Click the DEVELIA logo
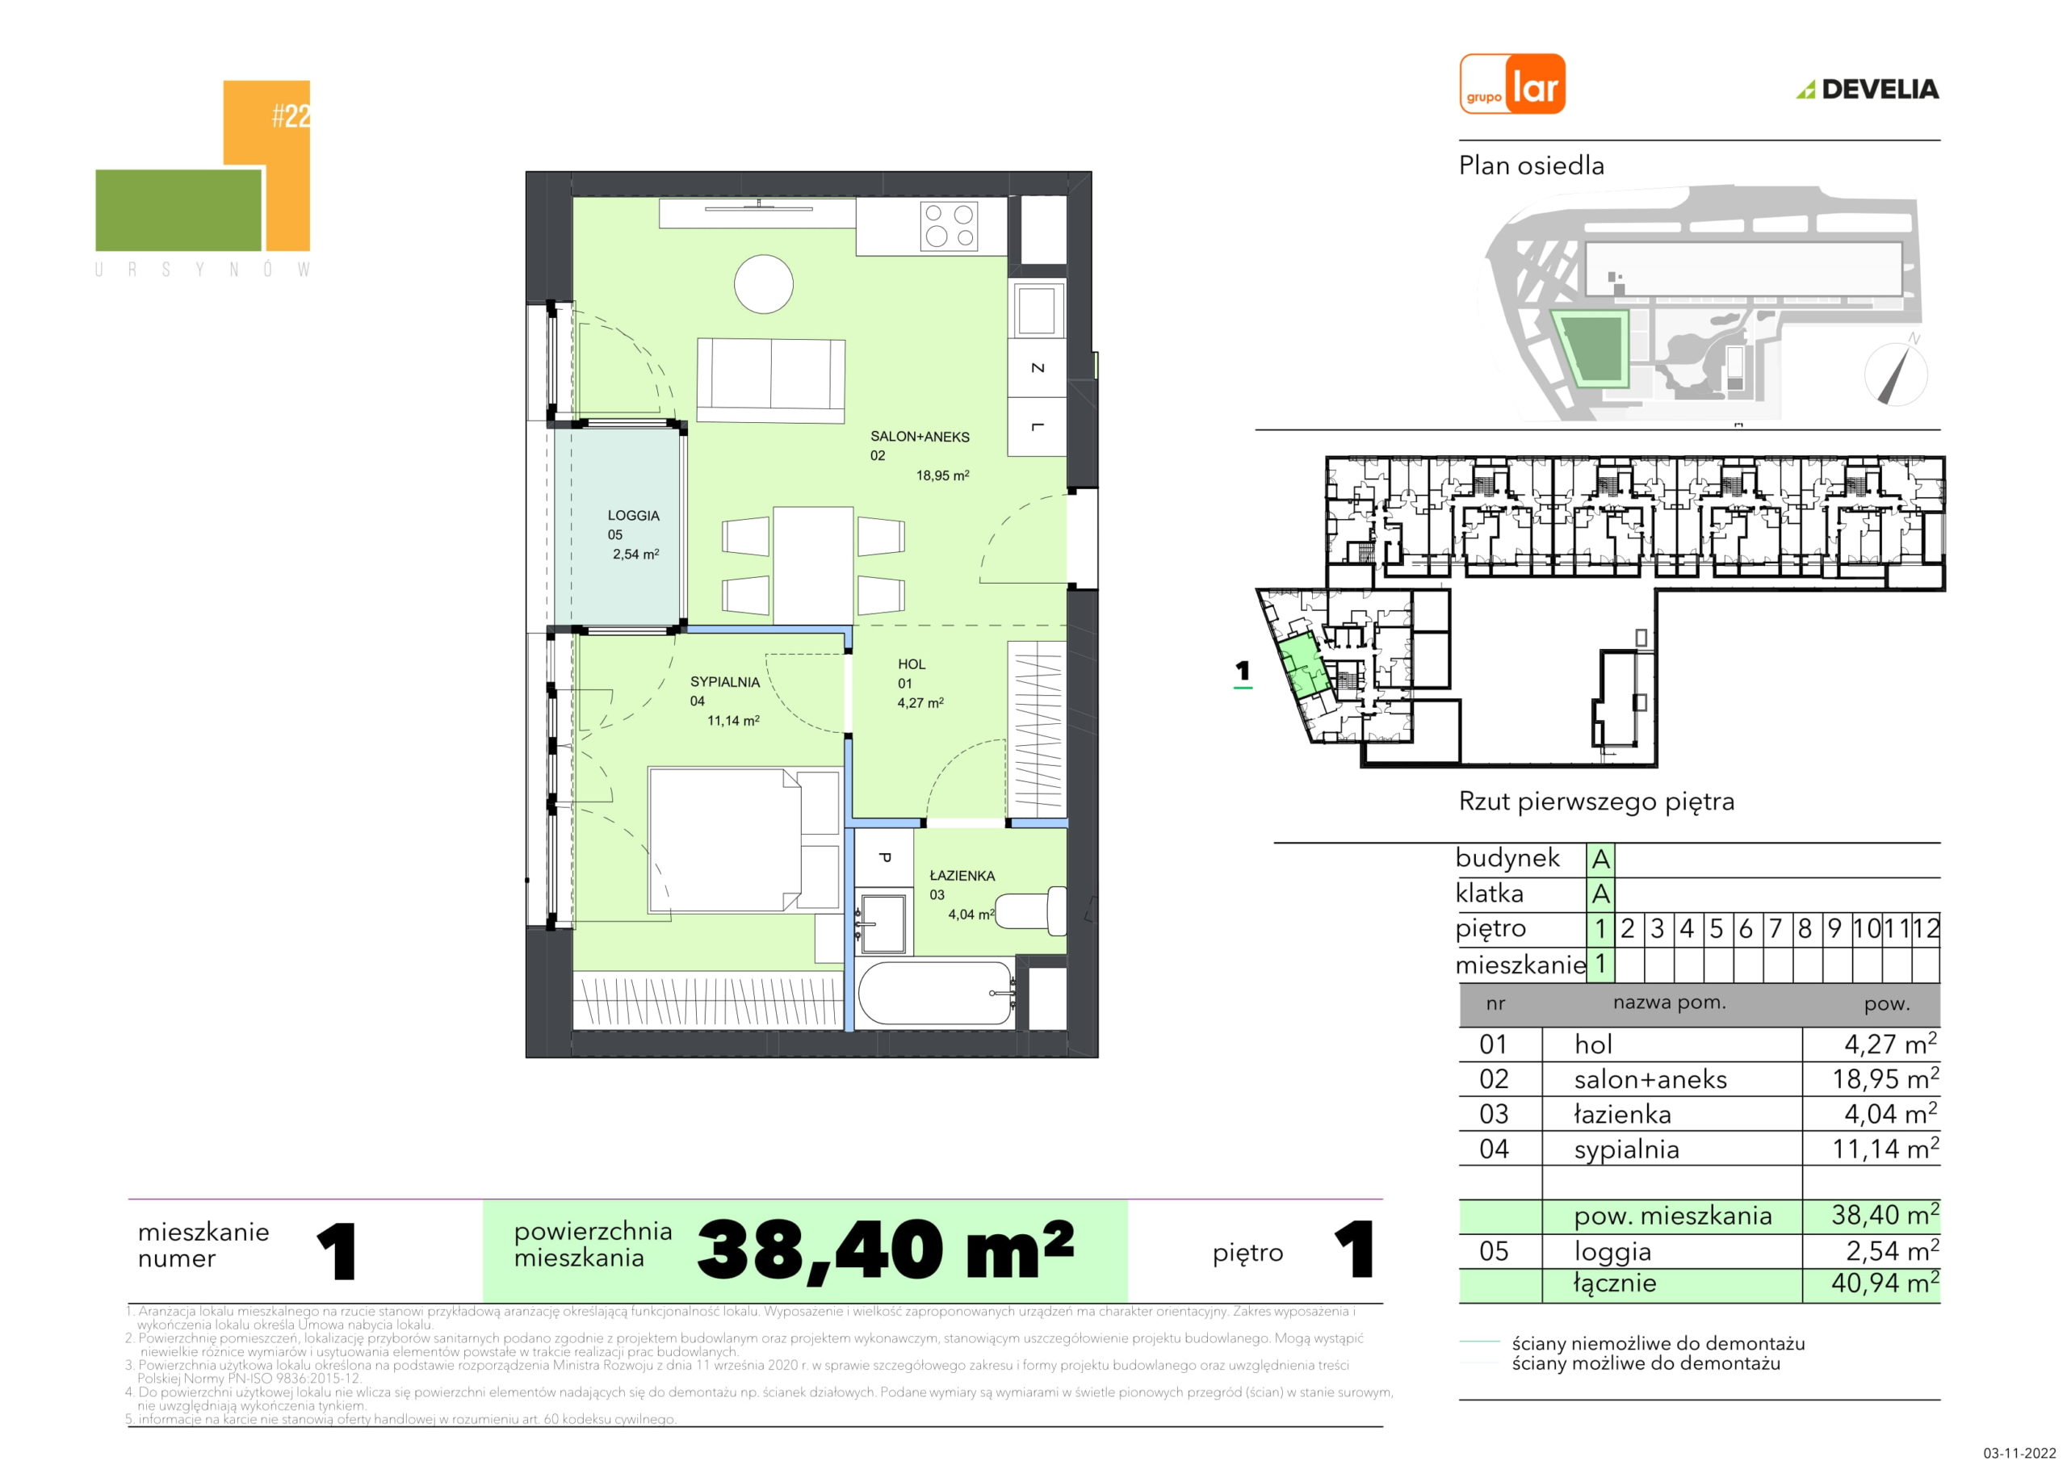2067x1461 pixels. coord(1868,88)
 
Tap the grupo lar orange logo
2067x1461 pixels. coord(1512,84)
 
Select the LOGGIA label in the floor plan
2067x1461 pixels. coord(634,516)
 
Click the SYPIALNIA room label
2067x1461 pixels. coord(725,681)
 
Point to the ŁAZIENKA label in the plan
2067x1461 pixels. coord(962,875)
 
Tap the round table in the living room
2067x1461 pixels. coord(764,284)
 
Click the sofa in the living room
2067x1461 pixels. coord(770,381)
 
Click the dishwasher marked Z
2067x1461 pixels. coord(1037,367)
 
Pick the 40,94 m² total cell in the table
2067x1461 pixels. coord(1885,1283)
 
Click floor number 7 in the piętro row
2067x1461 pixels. coord(1775,928)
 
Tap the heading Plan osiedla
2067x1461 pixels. coord(1532,165)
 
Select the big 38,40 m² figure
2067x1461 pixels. coord(885,1250)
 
